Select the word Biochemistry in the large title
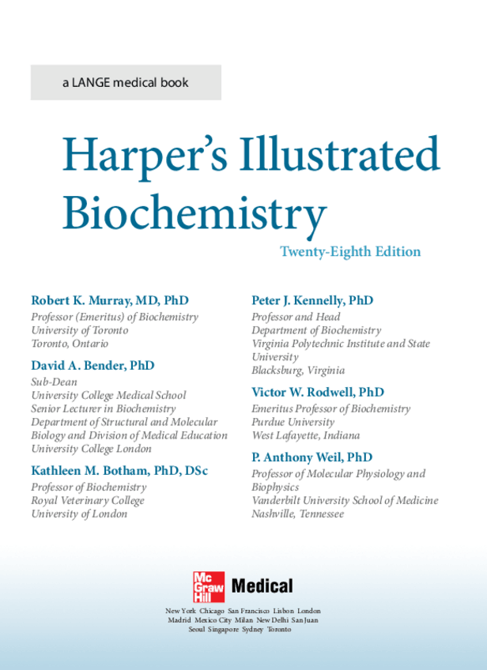point(194,212)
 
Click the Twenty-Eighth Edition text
point(350,252)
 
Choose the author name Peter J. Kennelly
point(301,301)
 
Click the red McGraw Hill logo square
point(209,586)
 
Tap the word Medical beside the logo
point(261,586)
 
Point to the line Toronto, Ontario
point(70,344)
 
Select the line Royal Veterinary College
point(88,500)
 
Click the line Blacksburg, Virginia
point(298,371)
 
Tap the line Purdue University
point(293,422)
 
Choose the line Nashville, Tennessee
point(297,514)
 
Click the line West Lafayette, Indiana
point(305,435)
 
